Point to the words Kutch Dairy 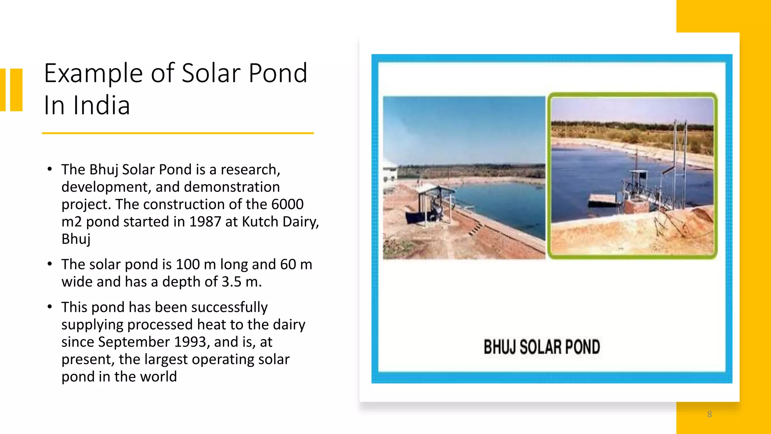(x=279, y=222)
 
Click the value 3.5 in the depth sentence (x=231, y=282)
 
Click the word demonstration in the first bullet (x=232, y=187)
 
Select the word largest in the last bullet (x=166, y=359)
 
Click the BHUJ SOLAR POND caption (x=541, y=347)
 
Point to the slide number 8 (x=709, y=414)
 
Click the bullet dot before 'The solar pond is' (x=50, y=264)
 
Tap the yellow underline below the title (x=178, y=133)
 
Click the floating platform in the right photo (x=605, y=200)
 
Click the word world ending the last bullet (x=157, y=377)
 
